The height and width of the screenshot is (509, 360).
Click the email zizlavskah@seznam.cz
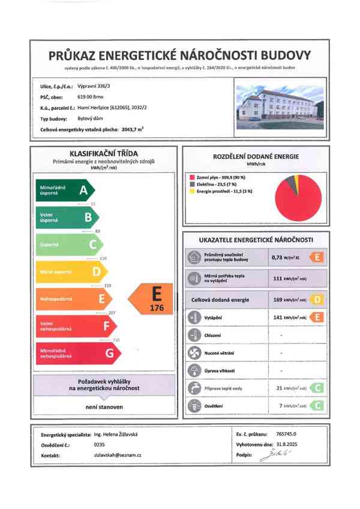(x=112, y=456)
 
